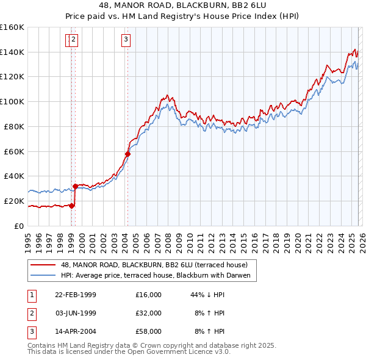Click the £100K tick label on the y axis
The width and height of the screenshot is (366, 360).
[12, 101]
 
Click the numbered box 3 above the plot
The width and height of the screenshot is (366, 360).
[126, 40]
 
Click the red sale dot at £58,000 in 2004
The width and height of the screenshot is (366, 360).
[127, 154]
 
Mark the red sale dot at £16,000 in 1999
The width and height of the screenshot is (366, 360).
[72, 206]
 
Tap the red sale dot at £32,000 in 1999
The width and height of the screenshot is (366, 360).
[75, 186]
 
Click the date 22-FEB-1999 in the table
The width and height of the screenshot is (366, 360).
[75, 295]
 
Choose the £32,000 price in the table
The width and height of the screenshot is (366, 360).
[149, 313]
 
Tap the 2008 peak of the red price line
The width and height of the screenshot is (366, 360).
[167, 96]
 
